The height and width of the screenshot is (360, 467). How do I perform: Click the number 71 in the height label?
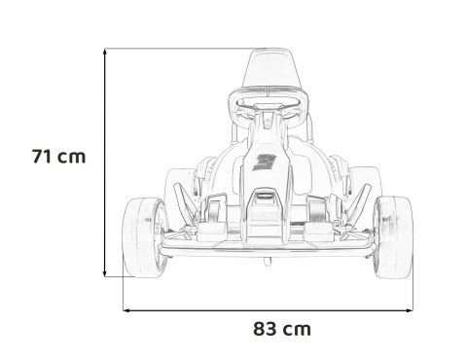43,156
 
